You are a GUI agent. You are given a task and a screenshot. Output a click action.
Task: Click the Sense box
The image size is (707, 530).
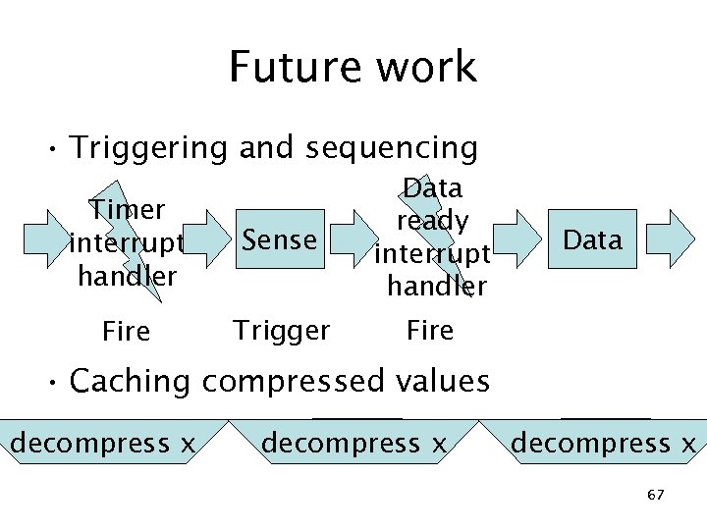point(280,238)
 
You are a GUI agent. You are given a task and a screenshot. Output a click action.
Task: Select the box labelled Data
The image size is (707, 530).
point(593,238)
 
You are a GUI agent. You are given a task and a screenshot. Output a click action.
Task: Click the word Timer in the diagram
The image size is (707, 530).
point(127,209)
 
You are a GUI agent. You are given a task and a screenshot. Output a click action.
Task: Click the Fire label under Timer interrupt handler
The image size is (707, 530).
point(127,332)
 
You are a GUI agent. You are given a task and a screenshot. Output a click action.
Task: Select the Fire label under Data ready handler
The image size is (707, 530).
point(430,331)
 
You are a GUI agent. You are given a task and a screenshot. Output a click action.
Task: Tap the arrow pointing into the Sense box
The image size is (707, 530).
point(207,238)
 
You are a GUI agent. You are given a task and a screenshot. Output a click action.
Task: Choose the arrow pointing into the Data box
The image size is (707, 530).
point(517,238)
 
